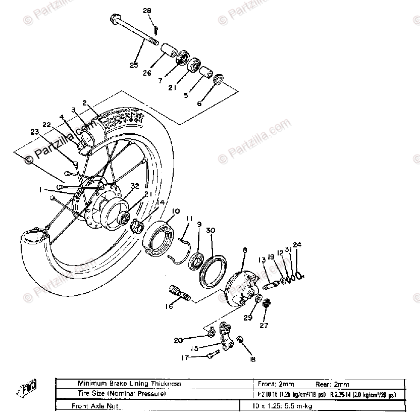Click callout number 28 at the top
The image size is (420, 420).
[x=147, y=11]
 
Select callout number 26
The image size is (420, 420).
[x=147, y=73]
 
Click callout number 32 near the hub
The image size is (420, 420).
[x=135, y=186]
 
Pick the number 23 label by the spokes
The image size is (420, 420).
[x=34, y=133]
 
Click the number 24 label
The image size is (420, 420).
[x=297, y=245]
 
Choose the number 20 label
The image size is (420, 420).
[x=178, y=340]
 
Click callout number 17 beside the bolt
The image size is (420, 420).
[x=185, y=357]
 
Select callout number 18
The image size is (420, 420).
[x=251, y=359]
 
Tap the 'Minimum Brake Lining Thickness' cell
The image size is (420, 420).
[x=129, y=384]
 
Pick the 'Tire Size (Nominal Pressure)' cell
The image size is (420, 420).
[x=121, y=394]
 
